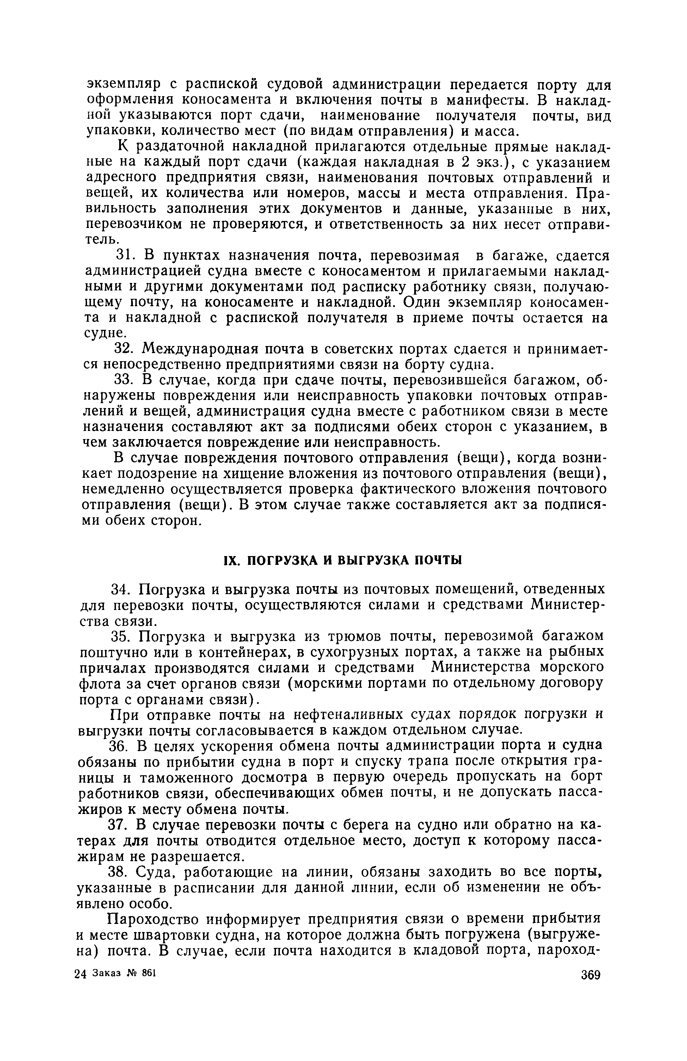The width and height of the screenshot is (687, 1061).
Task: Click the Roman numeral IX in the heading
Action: click(230, 560)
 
